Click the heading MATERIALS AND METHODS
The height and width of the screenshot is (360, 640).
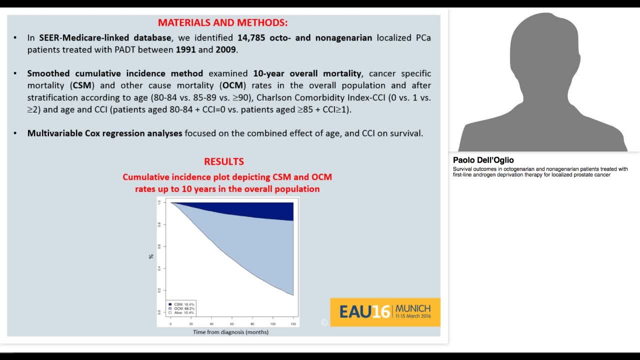[223, 22]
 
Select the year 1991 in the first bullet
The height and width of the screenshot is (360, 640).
[185, 50]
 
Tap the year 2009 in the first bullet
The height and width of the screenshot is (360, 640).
[226, 50]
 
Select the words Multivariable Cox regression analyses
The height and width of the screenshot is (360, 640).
[104, 133]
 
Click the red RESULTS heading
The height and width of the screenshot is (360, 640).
[223, 161]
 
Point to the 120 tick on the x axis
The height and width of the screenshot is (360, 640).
[293, 324]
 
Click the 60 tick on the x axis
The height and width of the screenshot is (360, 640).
[231, 324]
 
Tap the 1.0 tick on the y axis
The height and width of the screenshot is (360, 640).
[159, 202]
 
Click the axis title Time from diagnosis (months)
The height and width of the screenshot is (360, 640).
[230, 332]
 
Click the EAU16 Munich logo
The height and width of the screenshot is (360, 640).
[385, 312]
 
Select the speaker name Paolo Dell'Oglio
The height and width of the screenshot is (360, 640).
[483, 160]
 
